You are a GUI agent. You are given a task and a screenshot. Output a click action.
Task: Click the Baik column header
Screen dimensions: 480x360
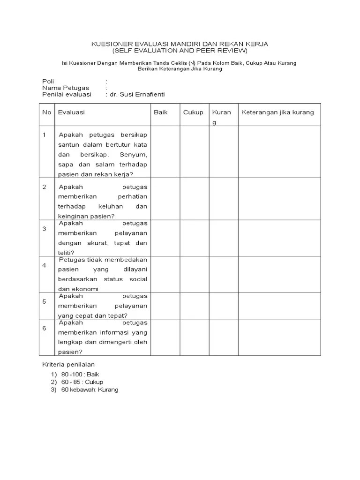click(161, 112)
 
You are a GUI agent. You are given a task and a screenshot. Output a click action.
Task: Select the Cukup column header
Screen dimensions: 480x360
click(193, 112)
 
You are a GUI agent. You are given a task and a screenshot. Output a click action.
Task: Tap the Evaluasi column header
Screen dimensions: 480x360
click(71, 112)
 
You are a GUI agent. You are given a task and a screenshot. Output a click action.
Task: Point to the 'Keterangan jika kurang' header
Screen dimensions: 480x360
click(277, 112)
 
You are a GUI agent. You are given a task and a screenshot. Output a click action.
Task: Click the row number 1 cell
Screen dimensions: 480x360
click(45, 135)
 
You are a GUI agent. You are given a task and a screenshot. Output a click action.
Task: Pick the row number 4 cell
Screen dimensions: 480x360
click(45, 265)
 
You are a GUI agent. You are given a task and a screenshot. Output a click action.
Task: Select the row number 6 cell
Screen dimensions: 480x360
click(45, 328)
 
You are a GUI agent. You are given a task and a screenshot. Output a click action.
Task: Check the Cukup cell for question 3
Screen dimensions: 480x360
click(195, 238)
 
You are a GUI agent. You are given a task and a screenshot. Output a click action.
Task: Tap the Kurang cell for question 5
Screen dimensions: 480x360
click(223, 306)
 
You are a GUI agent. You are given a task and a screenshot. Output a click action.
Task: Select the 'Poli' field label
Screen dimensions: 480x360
click(48, 82)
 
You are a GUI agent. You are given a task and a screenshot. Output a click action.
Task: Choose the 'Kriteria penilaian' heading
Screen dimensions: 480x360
click(68, 364)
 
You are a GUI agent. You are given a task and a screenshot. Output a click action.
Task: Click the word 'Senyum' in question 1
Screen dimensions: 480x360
click(133, 155)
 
